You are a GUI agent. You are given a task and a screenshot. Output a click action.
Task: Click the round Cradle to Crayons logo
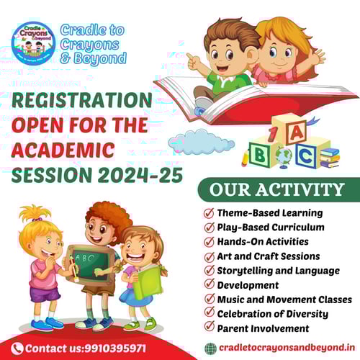tap(34, 44)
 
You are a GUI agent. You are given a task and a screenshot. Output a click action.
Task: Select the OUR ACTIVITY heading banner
tap(277, 190)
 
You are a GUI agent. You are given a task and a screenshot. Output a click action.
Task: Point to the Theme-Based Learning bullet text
tap(271, 213)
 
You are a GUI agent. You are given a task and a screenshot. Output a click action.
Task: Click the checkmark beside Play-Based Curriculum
tap(209, 228)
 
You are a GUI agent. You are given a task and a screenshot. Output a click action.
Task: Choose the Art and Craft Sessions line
tap(274, 256)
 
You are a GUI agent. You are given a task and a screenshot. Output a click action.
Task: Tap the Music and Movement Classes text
tap(284, 299)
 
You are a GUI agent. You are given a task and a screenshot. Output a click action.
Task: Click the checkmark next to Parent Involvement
tap(209, 328)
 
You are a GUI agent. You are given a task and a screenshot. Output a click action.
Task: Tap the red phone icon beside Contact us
tap(17, 348)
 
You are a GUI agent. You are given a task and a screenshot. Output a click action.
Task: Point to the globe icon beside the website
tap(210, 348)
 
